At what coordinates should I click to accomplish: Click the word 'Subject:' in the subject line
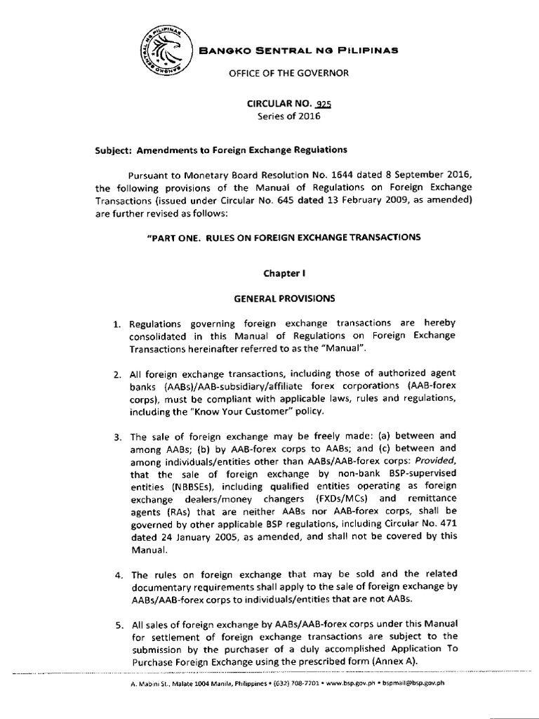(114, 150)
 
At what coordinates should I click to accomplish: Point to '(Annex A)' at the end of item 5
(434, 661)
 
